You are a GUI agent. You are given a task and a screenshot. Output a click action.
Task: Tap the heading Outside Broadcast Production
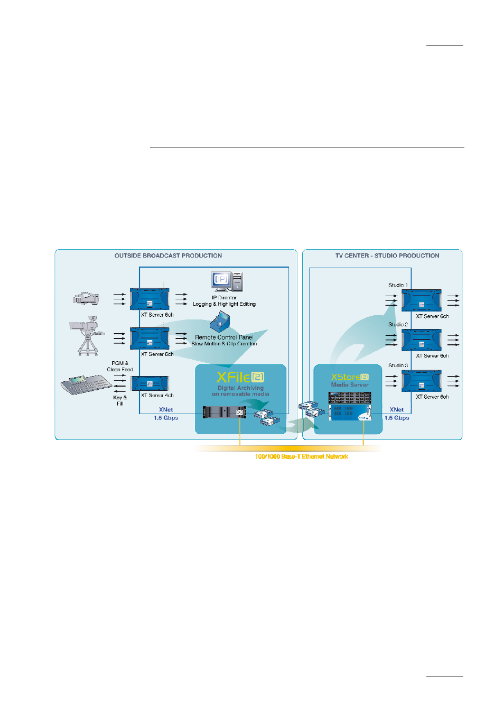[168, 255]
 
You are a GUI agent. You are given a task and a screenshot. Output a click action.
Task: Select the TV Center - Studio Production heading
[387, 255]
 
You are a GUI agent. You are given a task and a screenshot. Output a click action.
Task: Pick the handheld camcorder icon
[86, 298]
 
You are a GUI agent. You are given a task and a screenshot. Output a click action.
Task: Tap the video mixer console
[85, 385]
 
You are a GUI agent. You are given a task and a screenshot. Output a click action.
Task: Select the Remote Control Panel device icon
[220, 322]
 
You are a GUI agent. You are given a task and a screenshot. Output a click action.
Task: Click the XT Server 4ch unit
[150, 383]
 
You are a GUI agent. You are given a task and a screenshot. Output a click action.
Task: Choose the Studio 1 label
[398, 285]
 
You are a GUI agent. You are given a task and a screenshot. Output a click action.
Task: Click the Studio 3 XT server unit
[421, 381]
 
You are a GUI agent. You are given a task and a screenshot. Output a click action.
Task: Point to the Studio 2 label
[398, 325]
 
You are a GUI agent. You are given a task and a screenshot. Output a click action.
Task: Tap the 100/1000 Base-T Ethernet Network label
[301, 456]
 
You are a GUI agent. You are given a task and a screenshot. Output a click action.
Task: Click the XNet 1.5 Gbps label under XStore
[396, 414]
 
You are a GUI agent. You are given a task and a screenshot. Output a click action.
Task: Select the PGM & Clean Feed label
[120, 367]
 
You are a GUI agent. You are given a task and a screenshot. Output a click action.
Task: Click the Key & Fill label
[120, 400]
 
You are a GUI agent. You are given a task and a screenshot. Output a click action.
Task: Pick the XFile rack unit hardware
[224, 412]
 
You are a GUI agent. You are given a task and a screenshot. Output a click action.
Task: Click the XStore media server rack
[350, 406]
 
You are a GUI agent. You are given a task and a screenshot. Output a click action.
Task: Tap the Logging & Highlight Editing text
[224, 304]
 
